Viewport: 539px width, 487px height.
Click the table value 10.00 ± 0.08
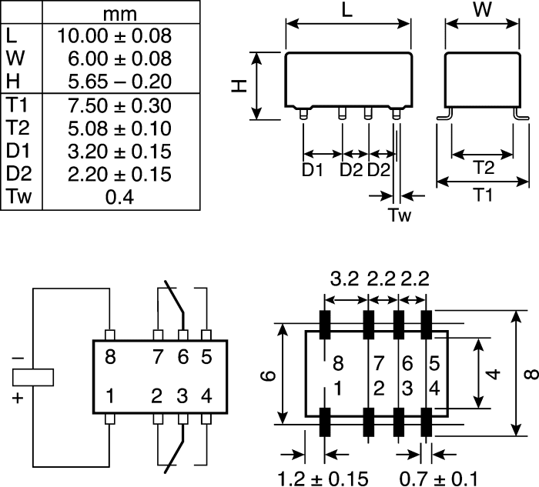pos(114,36)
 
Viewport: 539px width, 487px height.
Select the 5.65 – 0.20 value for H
pos(114,82)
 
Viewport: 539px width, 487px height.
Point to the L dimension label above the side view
pos(347,12)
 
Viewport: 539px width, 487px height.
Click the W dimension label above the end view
pos(483,12)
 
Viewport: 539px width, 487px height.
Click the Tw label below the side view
pos(399,215)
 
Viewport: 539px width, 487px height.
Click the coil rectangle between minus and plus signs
pos(33,377)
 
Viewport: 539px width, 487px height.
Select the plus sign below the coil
pos(19,398)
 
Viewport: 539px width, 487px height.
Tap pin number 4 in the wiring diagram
pos(206,397)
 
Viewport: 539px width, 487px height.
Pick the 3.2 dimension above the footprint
pos(344,278)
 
